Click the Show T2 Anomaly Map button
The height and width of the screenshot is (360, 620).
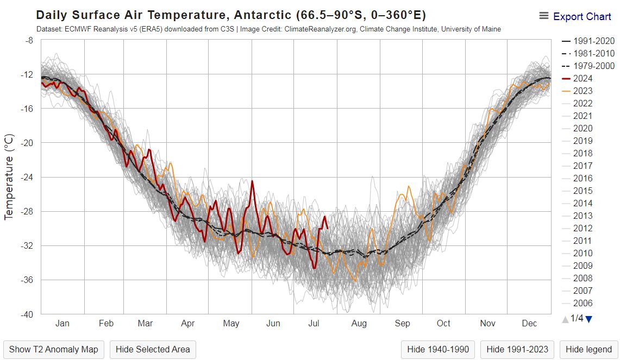[54, 350]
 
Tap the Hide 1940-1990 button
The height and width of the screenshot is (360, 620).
[438, 350]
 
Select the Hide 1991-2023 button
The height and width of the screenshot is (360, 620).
[517, 350]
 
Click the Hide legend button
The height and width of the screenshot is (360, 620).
[588, 350]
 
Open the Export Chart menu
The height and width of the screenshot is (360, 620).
[575, 17]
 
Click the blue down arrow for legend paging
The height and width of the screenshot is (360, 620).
[589, 319]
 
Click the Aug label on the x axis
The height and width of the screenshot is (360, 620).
[359, 324]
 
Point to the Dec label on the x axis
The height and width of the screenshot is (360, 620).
[529, 324]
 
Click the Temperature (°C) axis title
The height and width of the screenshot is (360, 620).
[9, 177]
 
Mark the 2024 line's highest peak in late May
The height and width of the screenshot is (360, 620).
[252, 181]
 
